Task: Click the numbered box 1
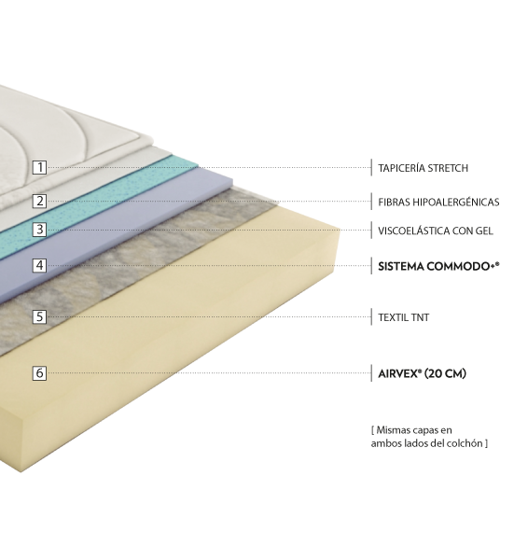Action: (39, 167)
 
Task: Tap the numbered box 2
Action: (39, 201)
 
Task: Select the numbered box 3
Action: (39, 230)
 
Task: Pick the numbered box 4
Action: (39, 265)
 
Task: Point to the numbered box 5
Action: (39, 316)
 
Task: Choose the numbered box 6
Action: (39, 372)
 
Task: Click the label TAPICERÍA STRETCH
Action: (423, 168)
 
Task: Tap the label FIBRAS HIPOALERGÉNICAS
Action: (438, 203)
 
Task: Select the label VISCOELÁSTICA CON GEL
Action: (436, 231)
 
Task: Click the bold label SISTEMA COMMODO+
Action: (438, 266)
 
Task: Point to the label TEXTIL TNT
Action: (403, 317)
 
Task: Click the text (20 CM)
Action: (446, 373)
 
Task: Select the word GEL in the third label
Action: (484, 231)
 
